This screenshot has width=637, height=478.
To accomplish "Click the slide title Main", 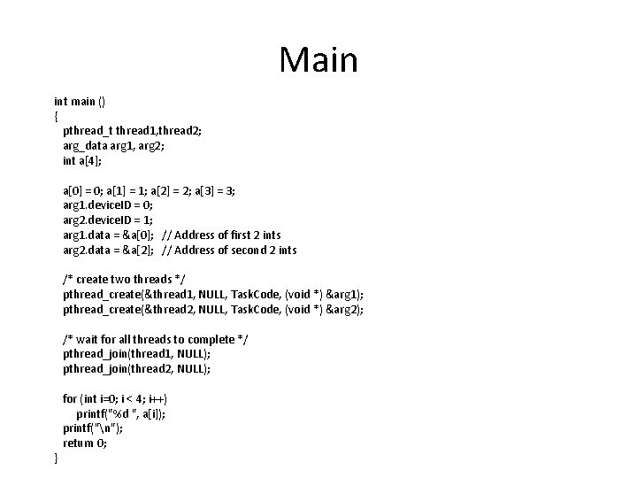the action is [x=318, y=60].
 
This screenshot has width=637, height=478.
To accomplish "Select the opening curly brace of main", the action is [x=57, y=116].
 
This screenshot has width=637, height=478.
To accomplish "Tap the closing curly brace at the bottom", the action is [x=57, y=458].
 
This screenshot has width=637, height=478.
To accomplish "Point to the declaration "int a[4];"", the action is [x=82, y=160].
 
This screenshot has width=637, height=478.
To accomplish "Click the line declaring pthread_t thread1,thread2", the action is [x=132, y=131].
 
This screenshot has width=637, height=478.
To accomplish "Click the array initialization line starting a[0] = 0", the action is [x=149, y=190].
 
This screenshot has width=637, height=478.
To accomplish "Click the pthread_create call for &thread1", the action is [x=212, y=295].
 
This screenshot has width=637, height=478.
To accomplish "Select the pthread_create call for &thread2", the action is [x=212, y=310].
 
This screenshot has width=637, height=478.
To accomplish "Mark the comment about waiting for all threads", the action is [x=149, y=339].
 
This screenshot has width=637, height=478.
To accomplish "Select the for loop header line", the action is [x=115, y=398].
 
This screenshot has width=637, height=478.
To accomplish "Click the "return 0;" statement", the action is [x=85, y=443].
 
